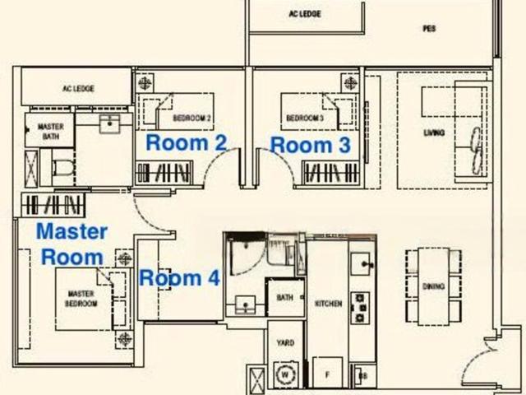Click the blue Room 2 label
[x=186, y=142]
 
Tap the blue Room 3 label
[x=311, y=145]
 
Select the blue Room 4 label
[x=179, y=278]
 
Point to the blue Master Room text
[x=72, y=243]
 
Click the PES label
[x=429, y=28]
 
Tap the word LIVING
[x=434, y=133]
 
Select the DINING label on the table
[x=434, y=286]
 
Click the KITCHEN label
[x=328, y=304]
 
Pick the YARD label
[x=285, y=342]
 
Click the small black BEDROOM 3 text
[x=305, y=118]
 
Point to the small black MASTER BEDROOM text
[x=81, y=299]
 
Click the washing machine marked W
[x=286, y=371]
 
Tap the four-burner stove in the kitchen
[x=360, y=306]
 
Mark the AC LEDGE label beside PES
[x=304, y=14]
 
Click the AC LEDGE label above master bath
[x=75, y=88]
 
